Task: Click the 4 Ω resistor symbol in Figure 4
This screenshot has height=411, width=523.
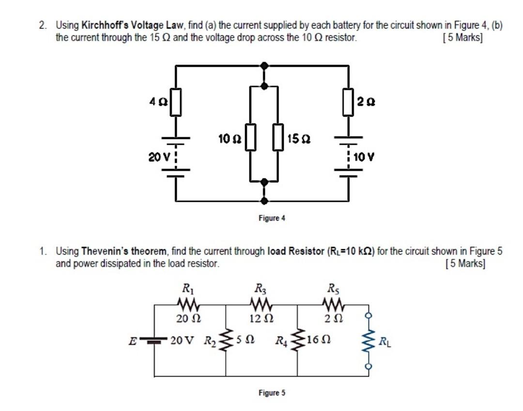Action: pyautogui.click(x=175, y=102)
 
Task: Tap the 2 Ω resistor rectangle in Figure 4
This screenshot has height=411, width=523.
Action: pyautogui.click(x=348, y=102)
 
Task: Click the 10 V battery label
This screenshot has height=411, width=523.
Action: pyautogui.click(x=364, y=157)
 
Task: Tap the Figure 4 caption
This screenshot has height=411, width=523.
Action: pyautogui.click(x=272, y=218)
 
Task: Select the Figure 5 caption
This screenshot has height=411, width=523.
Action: pyautogui.click(x=272, y=393)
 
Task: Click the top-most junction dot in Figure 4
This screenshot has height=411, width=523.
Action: pyautogui.click(x=263, y=65)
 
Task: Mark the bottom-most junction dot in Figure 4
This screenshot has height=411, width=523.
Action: pyautogui.click(x=263, y=200)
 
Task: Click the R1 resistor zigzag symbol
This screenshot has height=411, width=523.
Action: pyautogui.click(x=185, y=304)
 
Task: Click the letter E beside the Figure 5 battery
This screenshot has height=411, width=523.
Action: pyautogui.click(x=131, y=341)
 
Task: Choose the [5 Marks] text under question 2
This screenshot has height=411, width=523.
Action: pyautogui.click(x=462, y=38)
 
